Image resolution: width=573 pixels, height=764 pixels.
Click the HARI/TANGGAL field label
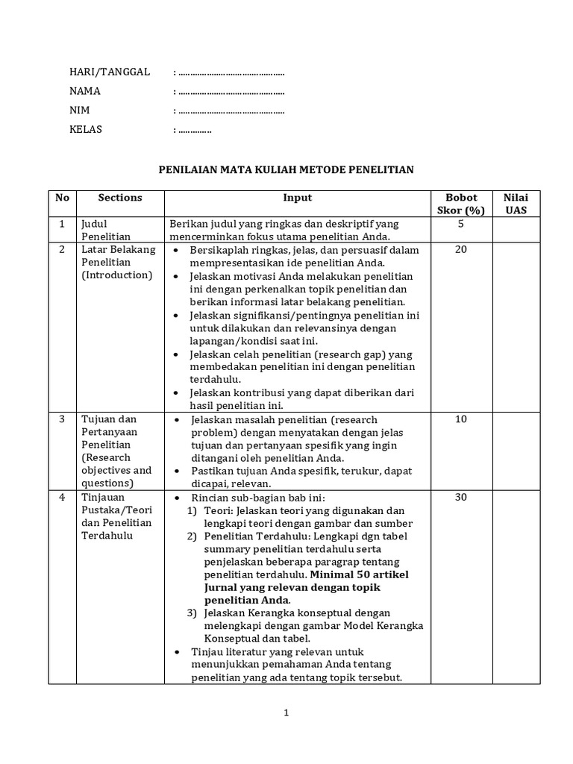110,72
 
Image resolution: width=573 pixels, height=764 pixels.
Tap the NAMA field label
85,91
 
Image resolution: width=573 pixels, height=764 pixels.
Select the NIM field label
79,110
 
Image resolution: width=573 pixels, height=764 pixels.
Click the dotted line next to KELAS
195,130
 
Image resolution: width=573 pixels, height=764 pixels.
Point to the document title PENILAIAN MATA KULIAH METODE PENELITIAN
286,170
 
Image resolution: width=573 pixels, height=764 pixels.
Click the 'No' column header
62,198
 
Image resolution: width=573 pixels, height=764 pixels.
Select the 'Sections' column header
120,198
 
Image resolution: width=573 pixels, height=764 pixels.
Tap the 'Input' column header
297,198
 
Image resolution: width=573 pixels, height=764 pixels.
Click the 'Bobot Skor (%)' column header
460,204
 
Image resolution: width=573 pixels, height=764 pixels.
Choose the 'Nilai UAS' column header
516,204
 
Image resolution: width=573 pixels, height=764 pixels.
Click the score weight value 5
460,223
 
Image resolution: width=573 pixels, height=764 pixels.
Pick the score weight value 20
460,249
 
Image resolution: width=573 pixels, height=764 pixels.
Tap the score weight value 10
460,419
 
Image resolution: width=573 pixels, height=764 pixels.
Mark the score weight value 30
460,497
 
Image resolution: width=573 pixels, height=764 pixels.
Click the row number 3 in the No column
62,419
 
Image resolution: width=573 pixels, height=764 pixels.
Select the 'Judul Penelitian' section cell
106,230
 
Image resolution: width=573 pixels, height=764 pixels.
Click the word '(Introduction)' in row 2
116,275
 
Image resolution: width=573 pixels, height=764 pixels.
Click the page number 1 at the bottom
286,713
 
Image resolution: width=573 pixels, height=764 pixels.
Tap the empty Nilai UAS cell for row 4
516,586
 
